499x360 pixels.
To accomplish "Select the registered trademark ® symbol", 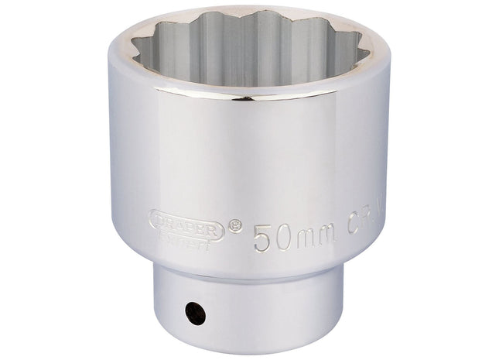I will pyautogui.click(x=237, y=226).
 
